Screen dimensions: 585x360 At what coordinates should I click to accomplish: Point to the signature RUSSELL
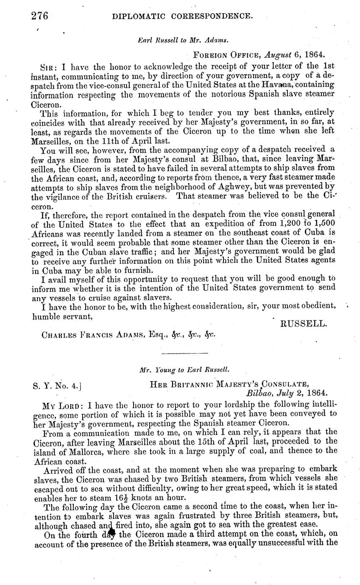pyautogui.click(x=303, y=324)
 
